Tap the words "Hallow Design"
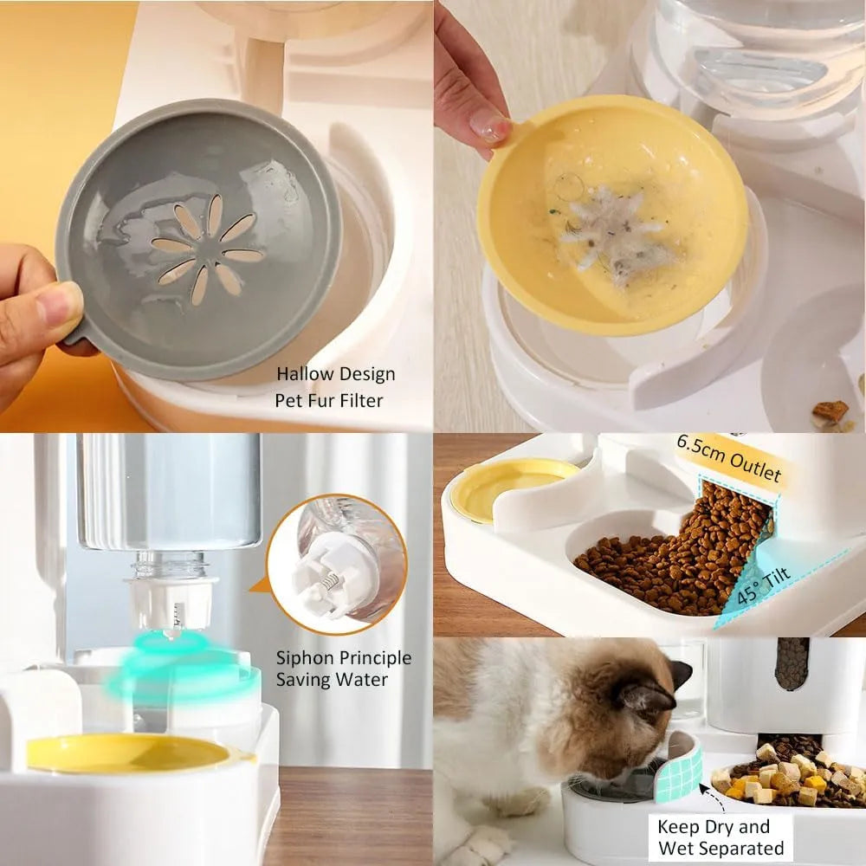[335, 374]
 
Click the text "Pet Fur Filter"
[328, 400]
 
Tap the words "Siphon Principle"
[344, 658]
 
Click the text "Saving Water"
[332, 680]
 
